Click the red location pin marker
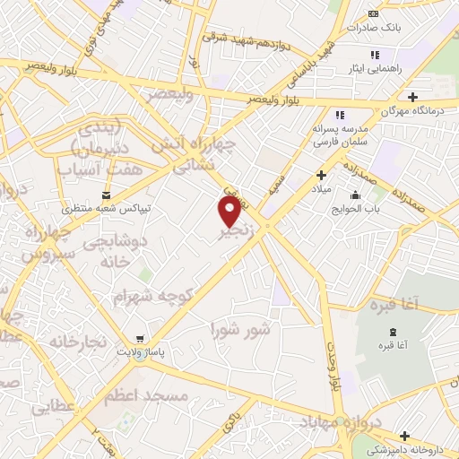click(229, 211)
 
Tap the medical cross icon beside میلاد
click(319, 175)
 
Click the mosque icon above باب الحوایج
click(356, 195)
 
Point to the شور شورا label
click(239, 329)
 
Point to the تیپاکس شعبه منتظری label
click(108, 209)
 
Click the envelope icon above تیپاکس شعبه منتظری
click(107, 195)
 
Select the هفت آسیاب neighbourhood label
click(88, 169)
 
